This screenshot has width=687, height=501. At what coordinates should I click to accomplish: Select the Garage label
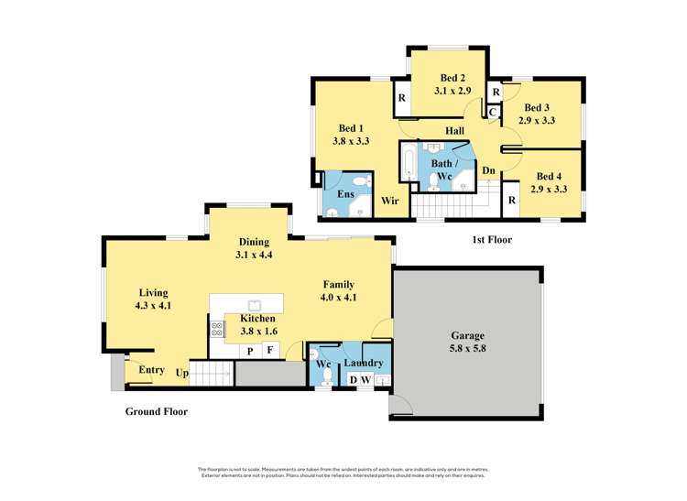468,335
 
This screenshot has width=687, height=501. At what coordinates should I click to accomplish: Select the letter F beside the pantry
270,351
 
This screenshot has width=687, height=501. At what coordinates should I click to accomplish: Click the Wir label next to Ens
388,200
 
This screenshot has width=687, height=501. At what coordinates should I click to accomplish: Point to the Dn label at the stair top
489,170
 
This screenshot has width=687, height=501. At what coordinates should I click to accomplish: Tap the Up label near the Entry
182,375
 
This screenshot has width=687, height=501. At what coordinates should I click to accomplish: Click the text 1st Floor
492,240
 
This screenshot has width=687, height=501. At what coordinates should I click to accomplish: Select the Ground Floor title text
157,412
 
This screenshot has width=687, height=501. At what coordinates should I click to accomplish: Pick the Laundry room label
364,363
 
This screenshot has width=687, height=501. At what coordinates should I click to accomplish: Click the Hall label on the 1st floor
454,131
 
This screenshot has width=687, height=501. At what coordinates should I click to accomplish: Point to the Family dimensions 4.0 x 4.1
338,298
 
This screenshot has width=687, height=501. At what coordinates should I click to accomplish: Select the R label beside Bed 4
511,191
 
